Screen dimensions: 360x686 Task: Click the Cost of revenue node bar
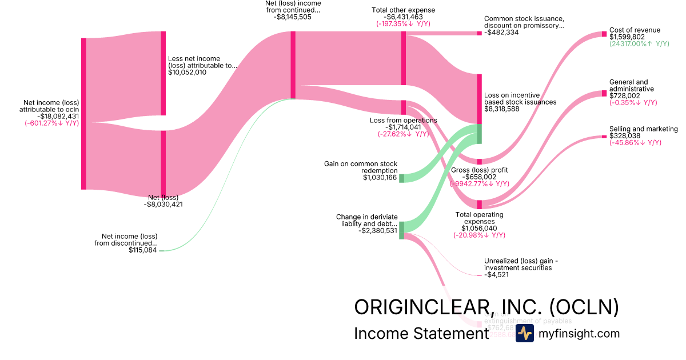604,34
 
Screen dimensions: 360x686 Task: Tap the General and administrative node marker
604,93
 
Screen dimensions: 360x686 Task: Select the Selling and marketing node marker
604,137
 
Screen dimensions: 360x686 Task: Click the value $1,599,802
627,37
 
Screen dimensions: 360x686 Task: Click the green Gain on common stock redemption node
401,178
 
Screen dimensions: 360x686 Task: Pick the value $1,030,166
380,178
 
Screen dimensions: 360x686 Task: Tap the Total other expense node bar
403,58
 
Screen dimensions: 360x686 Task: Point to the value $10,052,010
187,73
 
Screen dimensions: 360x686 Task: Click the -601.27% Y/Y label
51,123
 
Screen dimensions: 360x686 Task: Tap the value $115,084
143,250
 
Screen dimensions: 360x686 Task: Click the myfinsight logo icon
524,334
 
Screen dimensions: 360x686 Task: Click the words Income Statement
421,334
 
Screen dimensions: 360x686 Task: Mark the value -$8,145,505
293,17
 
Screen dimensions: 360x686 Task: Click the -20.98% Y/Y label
479,235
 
